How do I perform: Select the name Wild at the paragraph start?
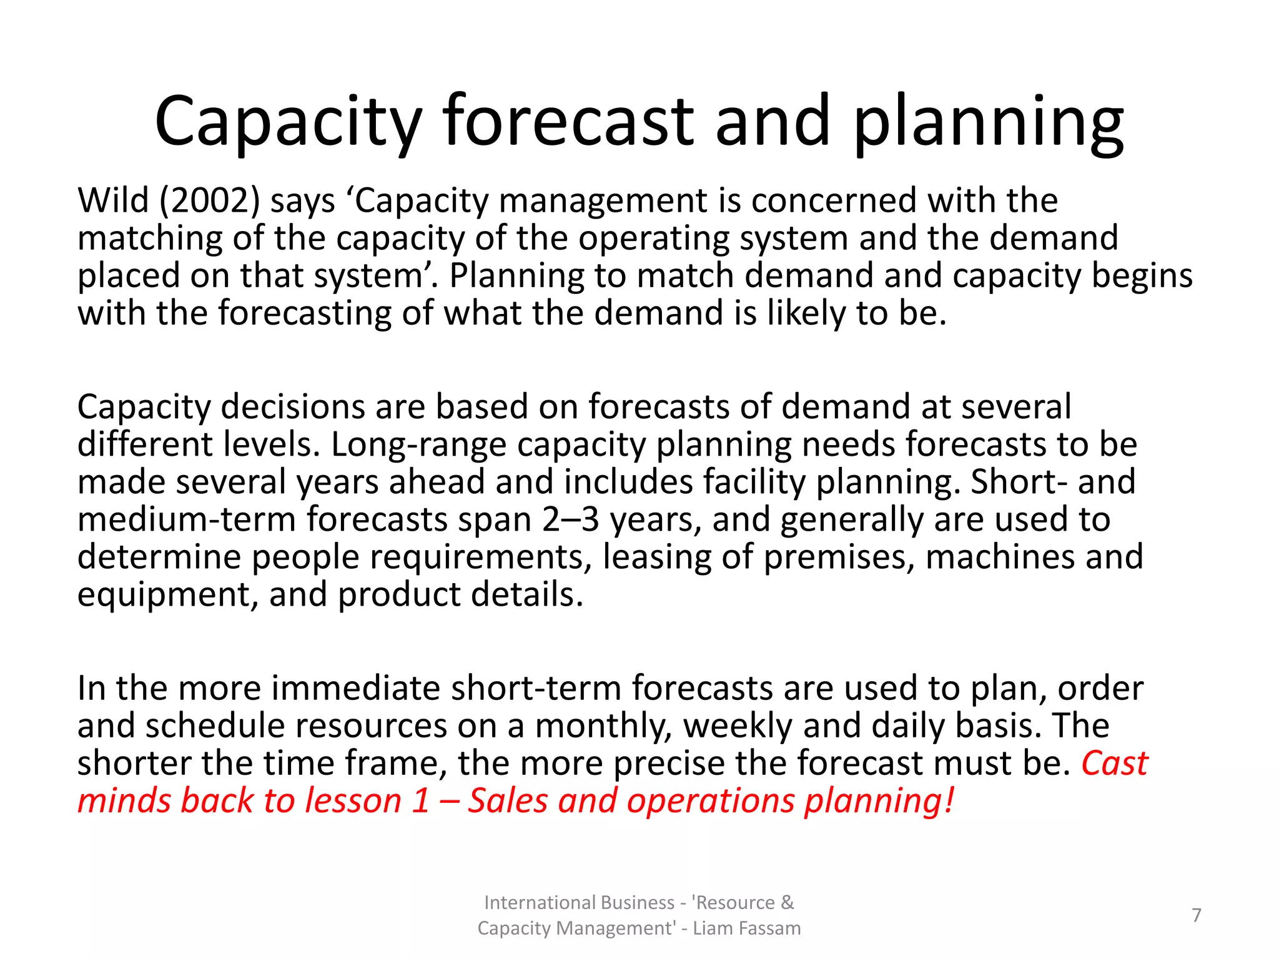[x=113, y=201]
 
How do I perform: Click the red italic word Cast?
[x=1115, y=764]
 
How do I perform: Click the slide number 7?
[x=1197, y=915]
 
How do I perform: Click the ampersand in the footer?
[x=787, y=903]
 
